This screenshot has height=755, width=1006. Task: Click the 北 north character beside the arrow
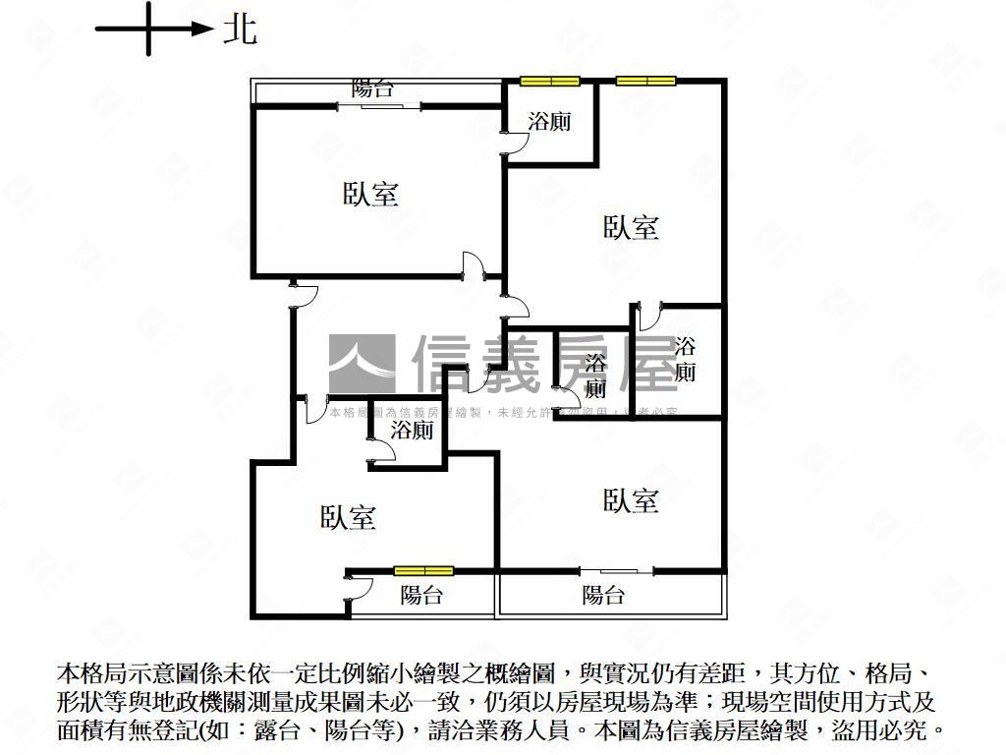coord(240,29)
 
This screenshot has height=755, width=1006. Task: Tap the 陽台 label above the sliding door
coord(373,88)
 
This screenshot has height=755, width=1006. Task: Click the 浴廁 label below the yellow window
coord(549,122)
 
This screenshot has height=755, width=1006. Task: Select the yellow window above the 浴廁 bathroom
coord(550,82)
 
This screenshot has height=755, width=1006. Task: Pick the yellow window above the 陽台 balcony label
coord(423,570)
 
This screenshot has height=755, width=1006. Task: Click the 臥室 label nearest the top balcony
coord(370,194)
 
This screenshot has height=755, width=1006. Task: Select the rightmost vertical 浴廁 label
coord(685,359)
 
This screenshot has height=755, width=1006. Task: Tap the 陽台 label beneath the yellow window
coord(421,595)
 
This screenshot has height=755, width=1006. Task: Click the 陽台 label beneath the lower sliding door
coord(603,595)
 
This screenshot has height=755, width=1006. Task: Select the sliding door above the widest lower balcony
coord(617,571)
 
